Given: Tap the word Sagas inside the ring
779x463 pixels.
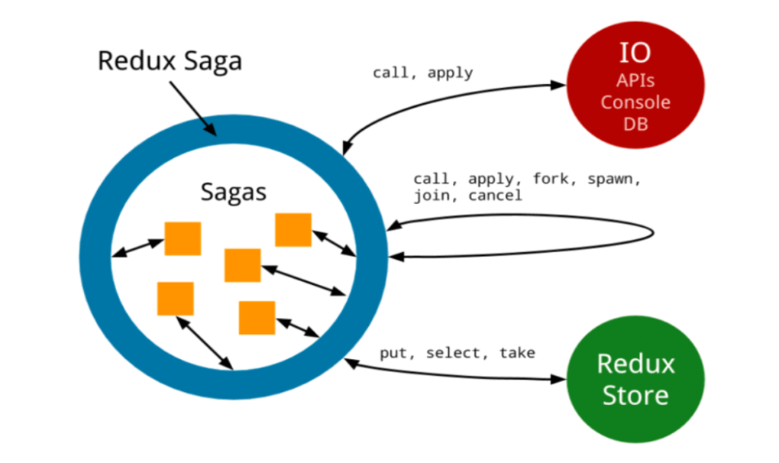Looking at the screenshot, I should (x=234, y=191).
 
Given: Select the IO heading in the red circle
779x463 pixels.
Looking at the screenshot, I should (x=635, y=53).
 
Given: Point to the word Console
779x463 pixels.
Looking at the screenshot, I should (x=635, y=102).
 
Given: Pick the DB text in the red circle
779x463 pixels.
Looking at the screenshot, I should (x=635, y=123).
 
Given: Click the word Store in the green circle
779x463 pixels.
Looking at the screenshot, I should (x=635, y=396).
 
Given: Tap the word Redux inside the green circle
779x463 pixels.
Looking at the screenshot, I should (x=635, y=363).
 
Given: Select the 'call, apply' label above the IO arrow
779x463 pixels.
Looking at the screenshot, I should (x=422, y=73).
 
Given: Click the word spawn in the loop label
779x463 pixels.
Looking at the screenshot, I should (x=613, y=180).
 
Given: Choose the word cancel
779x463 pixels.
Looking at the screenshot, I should (x=496, y=196).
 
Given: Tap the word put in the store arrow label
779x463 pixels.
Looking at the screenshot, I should (x=395, y=353).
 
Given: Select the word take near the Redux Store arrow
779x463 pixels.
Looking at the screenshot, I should (x=517, y=353).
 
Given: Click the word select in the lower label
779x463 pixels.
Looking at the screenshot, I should (x=455, y=353).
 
